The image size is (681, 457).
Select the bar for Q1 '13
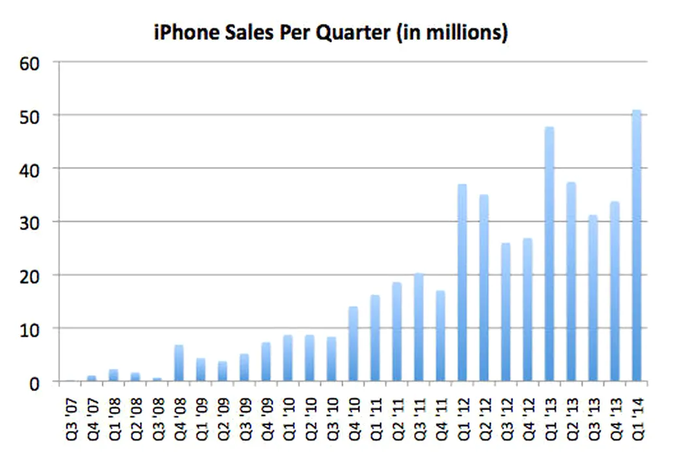tap(549, 254)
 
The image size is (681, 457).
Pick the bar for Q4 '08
tap(179, 363)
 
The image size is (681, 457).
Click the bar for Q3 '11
tap(419, 327)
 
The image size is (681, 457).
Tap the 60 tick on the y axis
tap(31, 63)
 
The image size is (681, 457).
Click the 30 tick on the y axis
tap(31, 222)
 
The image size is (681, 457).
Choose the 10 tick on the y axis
tap(31, 328)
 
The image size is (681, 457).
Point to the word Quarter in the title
tap(352, 33)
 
